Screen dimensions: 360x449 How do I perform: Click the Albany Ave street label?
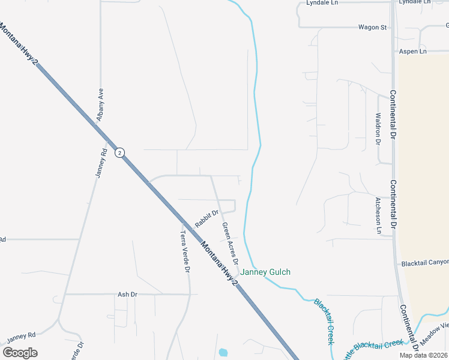101,103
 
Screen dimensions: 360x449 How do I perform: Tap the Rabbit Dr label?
206,218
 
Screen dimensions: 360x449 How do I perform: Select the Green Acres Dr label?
230,244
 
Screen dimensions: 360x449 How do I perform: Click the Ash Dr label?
128,295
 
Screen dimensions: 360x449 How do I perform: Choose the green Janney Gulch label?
266,272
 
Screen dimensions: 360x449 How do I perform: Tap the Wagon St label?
372,27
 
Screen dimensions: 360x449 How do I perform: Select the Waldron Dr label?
378,128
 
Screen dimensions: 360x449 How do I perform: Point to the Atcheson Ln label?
378,214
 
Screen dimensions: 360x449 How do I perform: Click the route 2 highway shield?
120,153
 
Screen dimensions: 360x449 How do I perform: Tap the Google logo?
20,353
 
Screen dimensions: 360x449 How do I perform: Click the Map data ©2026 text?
424,355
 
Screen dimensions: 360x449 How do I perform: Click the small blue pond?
223,352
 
